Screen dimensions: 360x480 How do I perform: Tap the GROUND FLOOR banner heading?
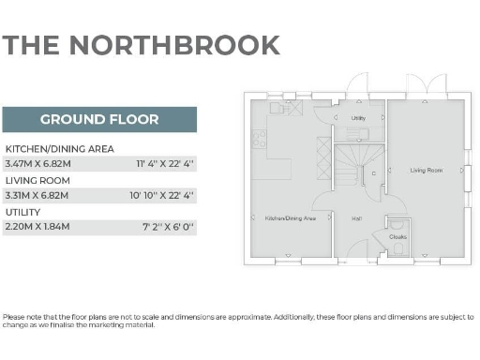[99, 119]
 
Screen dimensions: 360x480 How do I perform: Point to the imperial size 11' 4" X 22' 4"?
[164, 164]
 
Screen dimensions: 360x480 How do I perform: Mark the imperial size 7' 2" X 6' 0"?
[168, 226]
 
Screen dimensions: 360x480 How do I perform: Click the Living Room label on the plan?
[426, 171]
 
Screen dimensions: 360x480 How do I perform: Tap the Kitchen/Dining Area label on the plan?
[290, 217]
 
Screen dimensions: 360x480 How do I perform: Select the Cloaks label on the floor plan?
[397, 237]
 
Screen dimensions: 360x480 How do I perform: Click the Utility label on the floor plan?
[358, 118]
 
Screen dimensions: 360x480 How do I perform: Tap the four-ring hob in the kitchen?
[260, 140]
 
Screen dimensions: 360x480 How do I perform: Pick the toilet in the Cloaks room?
[397, 225]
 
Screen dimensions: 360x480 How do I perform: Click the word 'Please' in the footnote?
[14, 317]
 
